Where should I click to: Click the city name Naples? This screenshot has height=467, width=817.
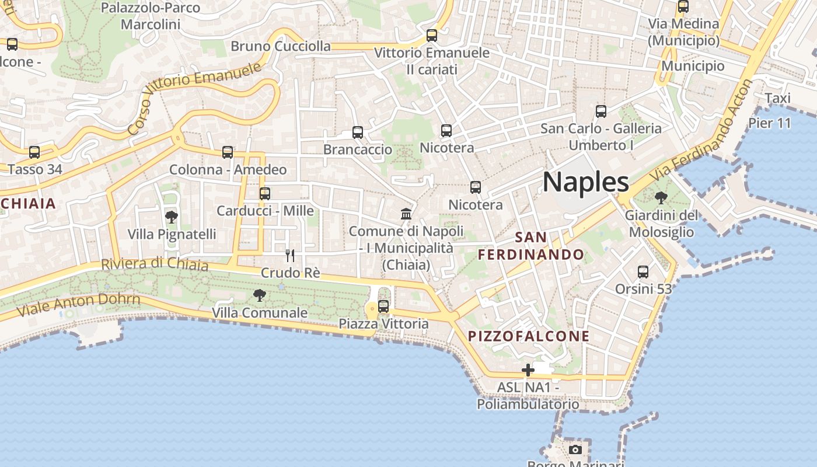click(586, 182)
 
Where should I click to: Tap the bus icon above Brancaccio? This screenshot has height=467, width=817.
click(358, 133)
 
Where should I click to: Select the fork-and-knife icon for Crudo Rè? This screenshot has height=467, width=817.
click(289, 255)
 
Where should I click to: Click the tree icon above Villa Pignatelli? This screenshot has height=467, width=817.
click(171, 217)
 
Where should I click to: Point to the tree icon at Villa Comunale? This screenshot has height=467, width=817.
click(260, 295)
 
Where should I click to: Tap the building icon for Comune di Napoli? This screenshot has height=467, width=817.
click(406, 214)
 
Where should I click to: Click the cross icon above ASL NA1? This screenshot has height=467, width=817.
click(528, 370)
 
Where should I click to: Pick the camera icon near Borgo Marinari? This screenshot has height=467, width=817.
click(575, 449)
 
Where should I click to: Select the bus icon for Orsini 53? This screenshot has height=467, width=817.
click(643, 271)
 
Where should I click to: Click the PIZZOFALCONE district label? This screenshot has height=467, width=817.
click(529, 336)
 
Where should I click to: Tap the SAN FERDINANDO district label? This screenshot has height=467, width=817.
click(531, 246)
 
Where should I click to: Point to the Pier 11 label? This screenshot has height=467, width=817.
click(769, 123)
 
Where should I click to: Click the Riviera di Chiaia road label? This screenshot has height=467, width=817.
click(155, 264)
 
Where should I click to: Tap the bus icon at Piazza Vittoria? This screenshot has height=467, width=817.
click(383, 306)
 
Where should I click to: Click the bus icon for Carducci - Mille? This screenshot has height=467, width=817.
click(265, 193)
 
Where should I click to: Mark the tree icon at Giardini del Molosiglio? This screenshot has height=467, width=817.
click(661, 198)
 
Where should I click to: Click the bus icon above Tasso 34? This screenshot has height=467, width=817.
click(34, 152)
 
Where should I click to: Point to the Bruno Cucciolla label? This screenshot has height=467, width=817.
click(281, 46)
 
